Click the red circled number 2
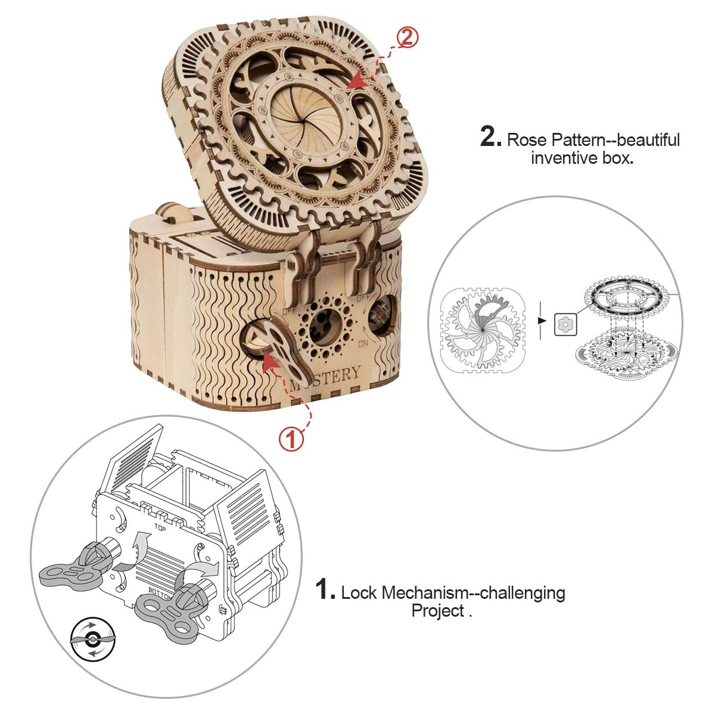[x=407, y=38]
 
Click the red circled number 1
[x=291, y=440]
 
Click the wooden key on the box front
[x=291, y=352]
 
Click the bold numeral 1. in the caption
[x=326, y=590]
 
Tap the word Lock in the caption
[x=359, y=593]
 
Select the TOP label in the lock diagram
[x=160, y=527]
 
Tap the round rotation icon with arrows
[x=91, y=639]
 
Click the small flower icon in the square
[x=564, y=324]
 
